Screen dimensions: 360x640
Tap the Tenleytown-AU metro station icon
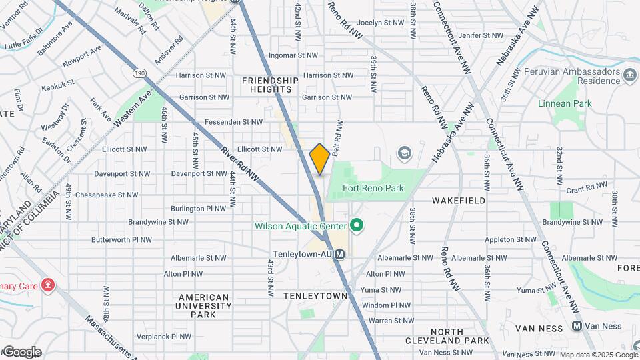tap(340, 254)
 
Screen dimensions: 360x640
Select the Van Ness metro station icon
tap(577, 326)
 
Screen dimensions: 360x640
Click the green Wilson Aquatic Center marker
tap(356, 226)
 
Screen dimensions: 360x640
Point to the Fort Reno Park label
tap(373, 188)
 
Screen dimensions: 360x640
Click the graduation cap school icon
tap(403, 154)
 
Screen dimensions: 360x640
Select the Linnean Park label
tap(565, 103)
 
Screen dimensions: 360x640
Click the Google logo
tap(21, 352)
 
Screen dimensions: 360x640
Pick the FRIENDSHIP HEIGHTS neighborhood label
tap(270, 85)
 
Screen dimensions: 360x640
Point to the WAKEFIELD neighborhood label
tap(459, 200)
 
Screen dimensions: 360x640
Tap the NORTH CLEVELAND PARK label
tap(447, 336)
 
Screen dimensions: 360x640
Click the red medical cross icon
tap(47, 286)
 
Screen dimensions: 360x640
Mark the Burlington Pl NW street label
tap(198, 208)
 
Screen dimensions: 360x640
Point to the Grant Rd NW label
tap(585, 190)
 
